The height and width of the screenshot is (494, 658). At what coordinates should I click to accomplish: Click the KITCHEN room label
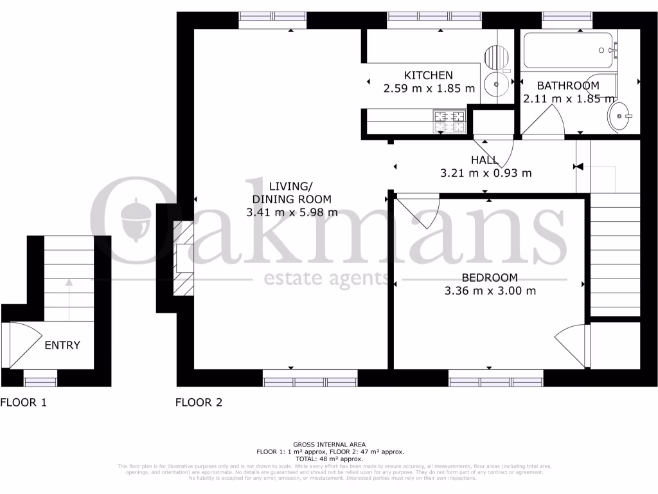(x=428, y=75)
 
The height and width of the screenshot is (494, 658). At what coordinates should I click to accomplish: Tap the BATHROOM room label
(x=568, y=86)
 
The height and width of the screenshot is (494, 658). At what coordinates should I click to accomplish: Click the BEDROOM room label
(x=490, y=278)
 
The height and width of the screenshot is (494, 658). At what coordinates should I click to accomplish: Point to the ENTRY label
(x=62, y=345)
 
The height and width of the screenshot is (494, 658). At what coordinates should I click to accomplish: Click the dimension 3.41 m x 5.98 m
(x=292, y=212)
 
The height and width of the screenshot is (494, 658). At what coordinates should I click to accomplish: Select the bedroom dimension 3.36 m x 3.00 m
(x=490, y=291)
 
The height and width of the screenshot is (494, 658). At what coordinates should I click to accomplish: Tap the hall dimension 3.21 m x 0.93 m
(x=486, y=173)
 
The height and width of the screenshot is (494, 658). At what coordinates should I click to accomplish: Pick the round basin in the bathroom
(x=620, y=116)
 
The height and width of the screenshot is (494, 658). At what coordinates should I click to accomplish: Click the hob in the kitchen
(x=450, y=122)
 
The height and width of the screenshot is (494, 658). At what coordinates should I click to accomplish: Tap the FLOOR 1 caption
(x=23, y=403)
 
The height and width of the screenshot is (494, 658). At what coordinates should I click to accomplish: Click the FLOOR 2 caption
(x=199, y=403)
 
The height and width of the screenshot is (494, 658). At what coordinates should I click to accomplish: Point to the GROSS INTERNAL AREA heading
(x=329, y=444)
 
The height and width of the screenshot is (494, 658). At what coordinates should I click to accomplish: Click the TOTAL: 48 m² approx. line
(x=329, y=459)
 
